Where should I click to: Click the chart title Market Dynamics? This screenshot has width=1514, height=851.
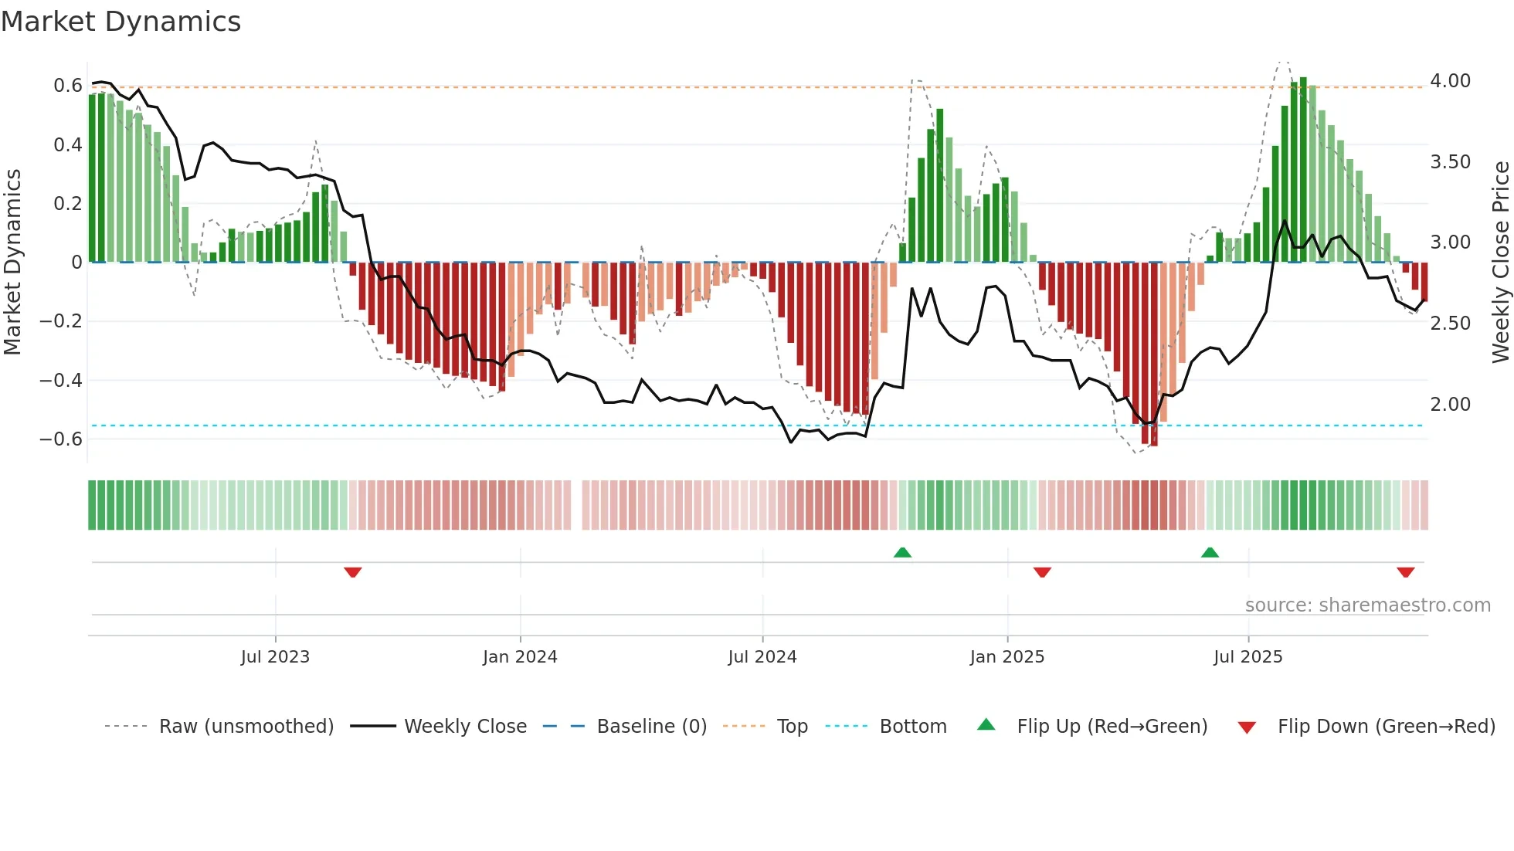pyautogui.click(x=121, y=22)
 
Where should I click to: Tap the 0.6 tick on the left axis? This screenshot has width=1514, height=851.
pyautogui.click(x=67, y=86)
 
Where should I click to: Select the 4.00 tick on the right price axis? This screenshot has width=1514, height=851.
pyautogui.click(x=1450, y=81)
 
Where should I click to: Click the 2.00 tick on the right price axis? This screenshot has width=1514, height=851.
pyautogui.click(x=1450, y=404)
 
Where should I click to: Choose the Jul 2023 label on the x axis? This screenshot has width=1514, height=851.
pyautogui.click(x=275, y=657)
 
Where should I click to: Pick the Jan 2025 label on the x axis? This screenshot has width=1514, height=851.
pyautogui.click(x=1007, y=657)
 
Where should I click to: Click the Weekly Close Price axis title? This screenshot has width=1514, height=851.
pyautogui.click(x=1500, y=262)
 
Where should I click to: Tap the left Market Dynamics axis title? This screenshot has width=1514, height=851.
pyautogui.click(x=12, y=262)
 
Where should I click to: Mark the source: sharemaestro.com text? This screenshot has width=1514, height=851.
pyautogui.click(x=1367, y=605)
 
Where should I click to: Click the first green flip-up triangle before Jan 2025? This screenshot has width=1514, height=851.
pyautogui.click(x=902, y=552)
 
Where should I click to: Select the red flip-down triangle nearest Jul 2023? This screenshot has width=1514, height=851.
pyautogui.click(x=353, y=572)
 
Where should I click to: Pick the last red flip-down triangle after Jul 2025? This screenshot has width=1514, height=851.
pyautogui.click(x=1405, y=572)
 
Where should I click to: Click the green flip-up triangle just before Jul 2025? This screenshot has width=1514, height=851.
pyautogui.click(x=1210, y=552)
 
